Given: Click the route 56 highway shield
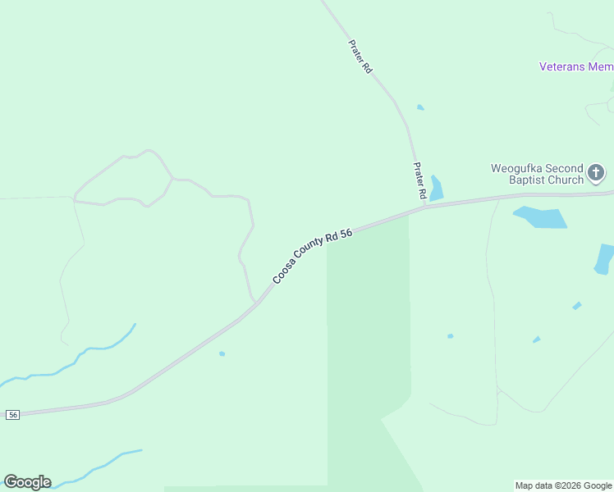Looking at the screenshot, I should tap(12, 415).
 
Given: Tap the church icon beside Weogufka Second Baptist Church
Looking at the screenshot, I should tap(596, 173).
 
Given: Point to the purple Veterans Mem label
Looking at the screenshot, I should tap(575, 66).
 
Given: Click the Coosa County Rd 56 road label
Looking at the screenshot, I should tap(313, 255).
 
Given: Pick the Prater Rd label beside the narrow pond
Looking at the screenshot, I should tap(419, 180).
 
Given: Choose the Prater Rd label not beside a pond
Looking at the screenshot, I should tap(360, 57).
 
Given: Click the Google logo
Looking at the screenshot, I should tap(27, 482).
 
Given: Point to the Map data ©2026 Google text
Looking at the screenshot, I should tap(563, 485).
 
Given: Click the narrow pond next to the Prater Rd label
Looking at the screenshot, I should tap(436, 189).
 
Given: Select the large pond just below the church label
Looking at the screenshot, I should tap(542, 217).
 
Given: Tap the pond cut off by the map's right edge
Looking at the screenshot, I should tap(605, 258).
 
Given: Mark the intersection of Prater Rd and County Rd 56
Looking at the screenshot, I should tap(424, 205).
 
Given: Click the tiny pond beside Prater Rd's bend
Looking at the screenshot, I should tap(420, 107).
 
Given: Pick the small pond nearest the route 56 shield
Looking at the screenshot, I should tap(222, 353).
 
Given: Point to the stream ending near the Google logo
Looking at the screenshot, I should tap(99, 466).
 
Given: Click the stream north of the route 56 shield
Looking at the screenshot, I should tap(74, 361).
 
